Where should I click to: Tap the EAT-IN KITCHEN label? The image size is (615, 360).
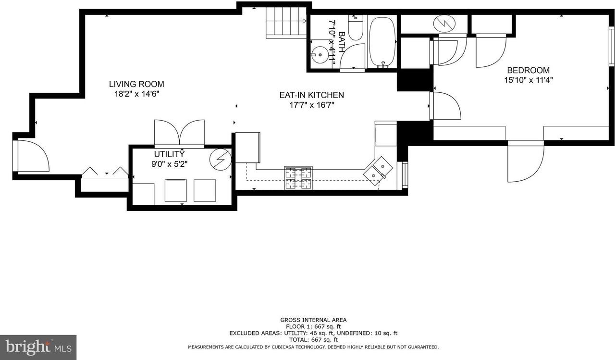point(311,95)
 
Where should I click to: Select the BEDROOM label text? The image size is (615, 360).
point(528,70)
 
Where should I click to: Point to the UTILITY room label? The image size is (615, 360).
point(169,154)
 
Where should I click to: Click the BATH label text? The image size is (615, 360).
point(342,42)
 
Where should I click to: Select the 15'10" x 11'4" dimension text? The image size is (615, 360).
point(528,81)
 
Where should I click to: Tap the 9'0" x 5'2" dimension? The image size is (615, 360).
point(169,164)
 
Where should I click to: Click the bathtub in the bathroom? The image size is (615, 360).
point(382,42)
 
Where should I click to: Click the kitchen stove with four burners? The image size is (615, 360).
point(298,178)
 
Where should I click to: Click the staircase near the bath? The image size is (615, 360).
point(285,22)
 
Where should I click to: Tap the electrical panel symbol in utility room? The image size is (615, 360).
point(221,159)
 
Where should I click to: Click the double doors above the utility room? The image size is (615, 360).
point(179,133)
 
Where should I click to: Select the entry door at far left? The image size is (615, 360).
point(32,156)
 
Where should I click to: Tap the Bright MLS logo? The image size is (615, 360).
point(38,347)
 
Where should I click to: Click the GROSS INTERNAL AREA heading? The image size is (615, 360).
point(313,320)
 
